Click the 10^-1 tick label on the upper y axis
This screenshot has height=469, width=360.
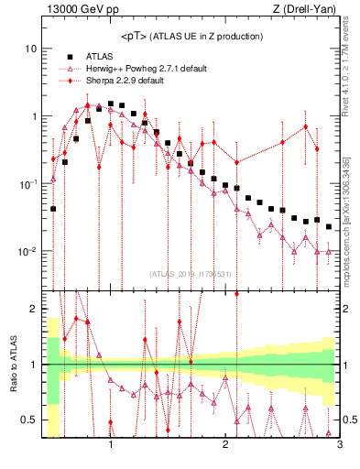click(x=27, y=184)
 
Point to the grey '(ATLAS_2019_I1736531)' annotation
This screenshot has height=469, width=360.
click(x=190, y=274)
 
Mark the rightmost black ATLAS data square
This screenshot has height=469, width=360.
click(x=328, y=226)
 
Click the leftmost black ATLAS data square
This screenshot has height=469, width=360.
click(x=53, y=209)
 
